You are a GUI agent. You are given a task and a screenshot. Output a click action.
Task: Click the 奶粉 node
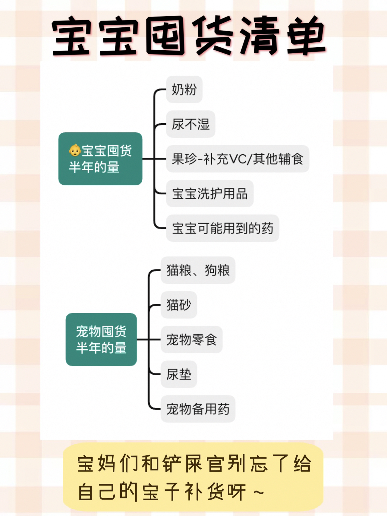tap(184, 90)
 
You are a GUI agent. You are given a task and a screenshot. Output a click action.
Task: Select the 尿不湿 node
tap(190, 124)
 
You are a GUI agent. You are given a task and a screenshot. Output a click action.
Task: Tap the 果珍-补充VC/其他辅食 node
tap(238, 159)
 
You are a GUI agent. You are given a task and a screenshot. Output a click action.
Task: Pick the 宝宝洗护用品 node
tap(210, 193)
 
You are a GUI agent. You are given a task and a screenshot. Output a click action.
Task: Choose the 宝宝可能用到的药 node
tap(222, 228)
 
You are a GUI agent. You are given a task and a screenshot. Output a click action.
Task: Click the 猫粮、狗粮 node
tap(198, 270)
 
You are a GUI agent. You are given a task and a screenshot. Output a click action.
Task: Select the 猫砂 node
tap(179, 305)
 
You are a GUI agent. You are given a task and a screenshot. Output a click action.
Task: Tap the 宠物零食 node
tap(191, 339)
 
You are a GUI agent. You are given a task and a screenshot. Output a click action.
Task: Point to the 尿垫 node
tap(179, 374)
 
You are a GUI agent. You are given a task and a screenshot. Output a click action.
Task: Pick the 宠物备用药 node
tap(198, 409)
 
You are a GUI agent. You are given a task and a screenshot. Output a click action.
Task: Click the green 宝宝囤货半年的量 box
tap(100, 159)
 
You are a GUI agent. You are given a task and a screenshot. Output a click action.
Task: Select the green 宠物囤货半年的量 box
tap(101, 339)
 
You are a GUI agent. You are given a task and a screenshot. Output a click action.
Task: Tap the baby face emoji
tap(75, 150)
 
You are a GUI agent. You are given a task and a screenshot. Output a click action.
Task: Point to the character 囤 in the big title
tap(165, 36)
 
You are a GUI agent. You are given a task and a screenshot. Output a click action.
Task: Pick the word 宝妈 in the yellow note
tap(96, 464)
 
